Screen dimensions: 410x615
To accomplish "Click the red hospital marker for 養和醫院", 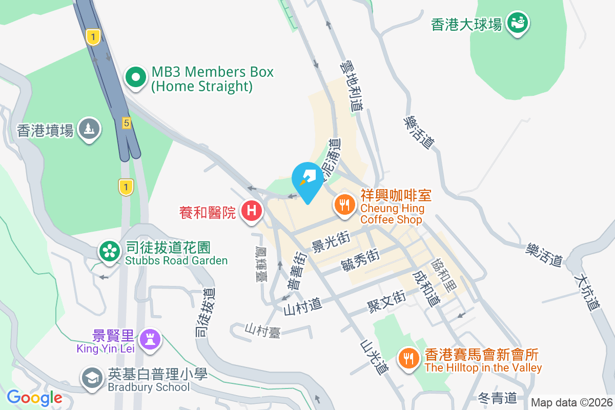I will [x=251, y=211].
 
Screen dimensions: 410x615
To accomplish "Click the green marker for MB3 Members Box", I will [x=136, y=78].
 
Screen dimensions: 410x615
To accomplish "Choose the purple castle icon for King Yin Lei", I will [x=150, y=339].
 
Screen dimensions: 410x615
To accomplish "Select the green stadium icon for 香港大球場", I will [x=517, y=23].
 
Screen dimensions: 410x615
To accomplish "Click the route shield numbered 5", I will [x=126, y=123].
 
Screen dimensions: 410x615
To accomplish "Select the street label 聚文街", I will [x=386, y=300].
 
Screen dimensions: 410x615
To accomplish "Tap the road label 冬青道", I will [x=497, y=397].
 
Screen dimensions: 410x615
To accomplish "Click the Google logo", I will [x=34, y=397].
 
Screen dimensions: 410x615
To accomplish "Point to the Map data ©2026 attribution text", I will [x=571, y=403].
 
